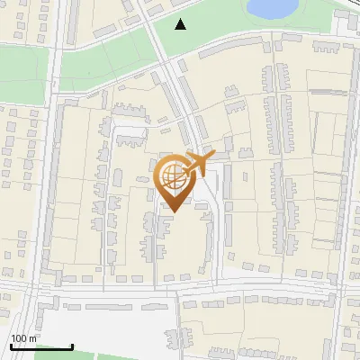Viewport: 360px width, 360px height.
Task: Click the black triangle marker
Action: tap(181, 24)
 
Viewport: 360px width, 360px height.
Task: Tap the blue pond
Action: tap(272, 8)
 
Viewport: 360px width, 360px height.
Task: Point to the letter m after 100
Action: tap(32, 338)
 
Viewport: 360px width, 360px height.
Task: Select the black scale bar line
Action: tap(41, 347)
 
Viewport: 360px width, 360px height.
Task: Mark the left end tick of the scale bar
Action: tap(11, 346)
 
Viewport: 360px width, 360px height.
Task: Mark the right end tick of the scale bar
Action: tap(72, 346)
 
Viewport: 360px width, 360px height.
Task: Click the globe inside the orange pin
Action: tap(174, 176)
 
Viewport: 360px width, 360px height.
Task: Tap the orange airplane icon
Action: tap(198, 163)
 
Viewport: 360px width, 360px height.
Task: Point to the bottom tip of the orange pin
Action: tap(174, 212)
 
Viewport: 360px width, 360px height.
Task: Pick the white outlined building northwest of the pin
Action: tap(130, 135)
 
